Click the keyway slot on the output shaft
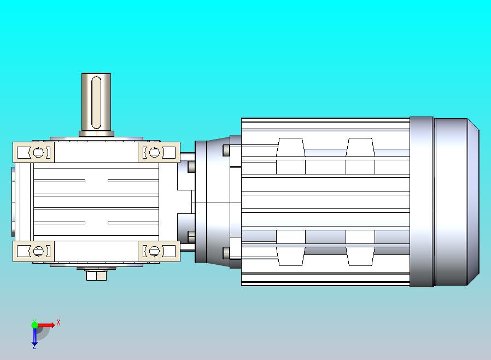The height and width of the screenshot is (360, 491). click(x=96, y=103)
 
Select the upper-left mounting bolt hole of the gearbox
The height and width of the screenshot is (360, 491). click(x=39, y=153)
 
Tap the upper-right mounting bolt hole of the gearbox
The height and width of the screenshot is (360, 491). click(x=154, y=153)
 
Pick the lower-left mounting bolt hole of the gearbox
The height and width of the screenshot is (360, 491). click(x=39, y=251)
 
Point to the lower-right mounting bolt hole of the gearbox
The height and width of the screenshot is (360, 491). click(x=154, y=251)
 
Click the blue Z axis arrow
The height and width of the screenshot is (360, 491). click(x=34, y=336)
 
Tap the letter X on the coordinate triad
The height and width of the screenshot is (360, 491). click(x=59, y=322)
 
